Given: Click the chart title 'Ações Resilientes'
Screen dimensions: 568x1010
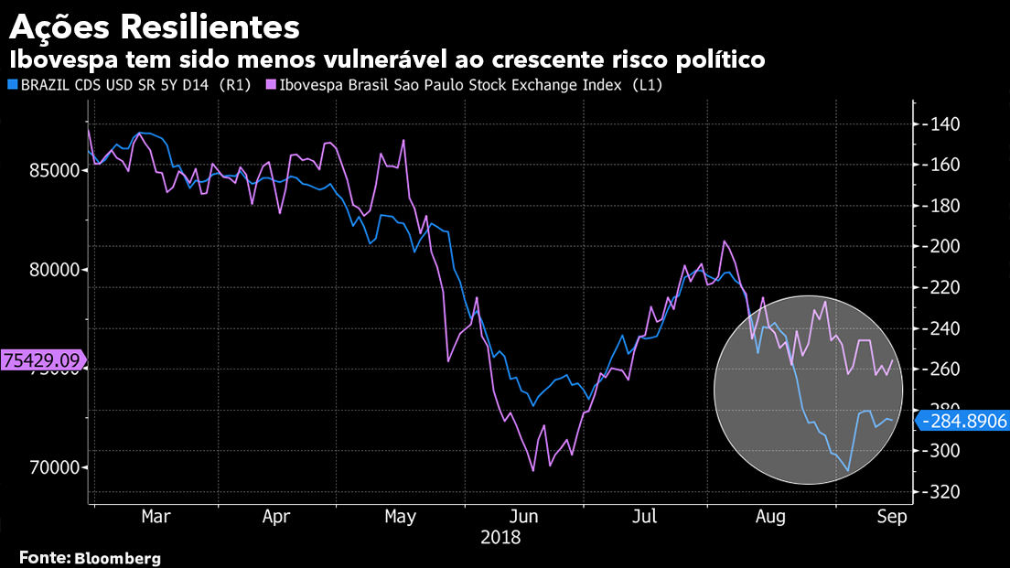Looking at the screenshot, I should [x=155, y=27].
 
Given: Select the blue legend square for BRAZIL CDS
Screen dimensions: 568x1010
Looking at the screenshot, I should [x=12, y=85].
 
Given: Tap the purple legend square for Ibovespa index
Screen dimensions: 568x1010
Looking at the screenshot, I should [x=271, y=85].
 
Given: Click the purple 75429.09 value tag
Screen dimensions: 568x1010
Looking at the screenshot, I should [x=41, y=360].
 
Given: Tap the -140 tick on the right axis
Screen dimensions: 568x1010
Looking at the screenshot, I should [x=940, y=124].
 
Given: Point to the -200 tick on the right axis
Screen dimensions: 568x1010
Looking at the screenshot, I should [x=940, y=247].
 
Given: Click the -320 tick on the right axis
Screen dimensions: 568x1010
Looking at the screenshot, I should [x=940, y=492].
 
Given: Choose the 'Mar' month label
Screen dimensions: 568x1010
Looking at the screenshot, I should [x=156, y=517].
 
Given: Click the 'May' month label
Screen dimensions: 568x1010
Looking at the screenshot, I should [x=401, y=517].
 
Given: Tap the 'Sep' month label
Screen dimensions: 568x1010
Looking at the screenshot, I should [x=891, y=517].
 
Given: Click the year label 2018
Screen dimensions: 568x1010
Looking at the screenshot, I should [x=500, y=538].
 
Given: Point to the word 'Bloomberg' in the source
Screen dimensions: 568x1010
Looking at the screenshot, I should [x=117, y=557].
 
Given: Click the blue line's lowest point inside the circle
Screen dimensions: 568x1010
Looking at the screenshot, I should [x=848, y=471].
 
